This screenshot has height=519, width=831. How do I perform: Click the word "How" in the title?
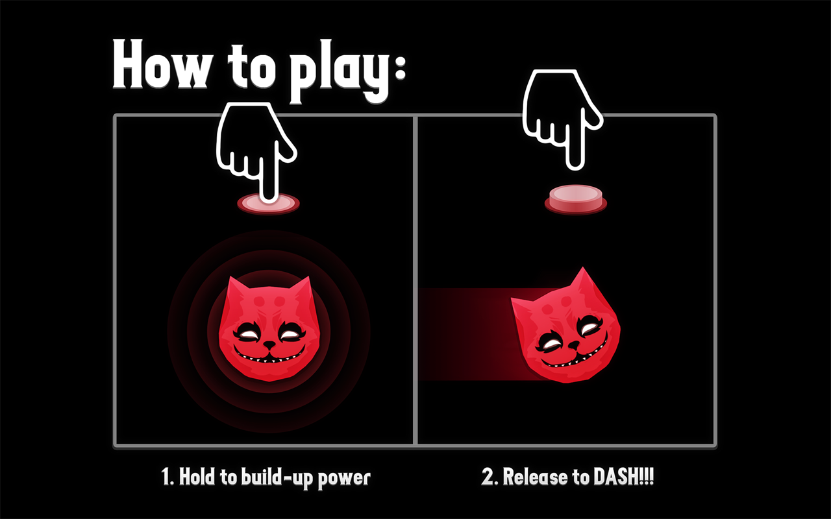pos(160,64)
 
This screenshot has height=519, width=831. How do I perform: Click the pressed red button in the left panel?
pos(268,203)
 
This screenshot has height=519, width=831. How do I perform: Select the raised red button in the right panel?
pos(576,200)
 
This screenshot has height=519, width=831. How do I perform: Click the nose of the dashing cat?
pos(574,346)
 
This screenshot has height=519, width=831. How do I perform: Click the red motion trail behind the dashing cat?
pos(467,334)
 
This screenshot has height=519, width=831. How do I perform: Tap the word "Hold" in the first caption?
pos(197,477)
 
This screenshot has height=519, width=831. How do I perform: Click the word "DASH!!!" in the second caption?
pos(624,477)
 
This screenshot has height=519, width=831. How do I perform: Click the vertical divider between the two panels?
pos(415,280)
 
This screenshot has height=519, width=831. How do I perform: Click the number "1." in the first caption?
pos(167,477)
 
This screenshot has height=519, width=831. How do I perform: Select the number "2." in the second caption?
pos(490,477)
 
